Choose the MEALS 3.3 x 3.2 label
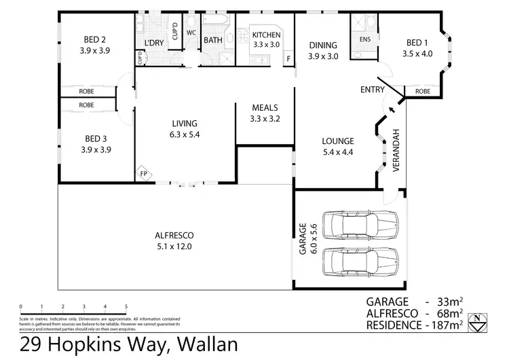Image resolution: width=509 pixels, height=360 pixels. (265, 113)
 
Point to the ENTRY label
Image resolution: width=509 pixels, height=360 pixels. (373, 90)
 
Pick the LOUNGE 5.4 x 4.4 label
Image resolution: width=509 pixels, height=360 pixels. (338, 146)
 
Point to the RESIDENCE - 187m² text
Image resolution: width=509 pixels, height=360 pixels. (414, 325)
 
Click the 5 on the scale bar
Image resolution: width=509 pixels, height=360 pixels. (126, 307)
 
